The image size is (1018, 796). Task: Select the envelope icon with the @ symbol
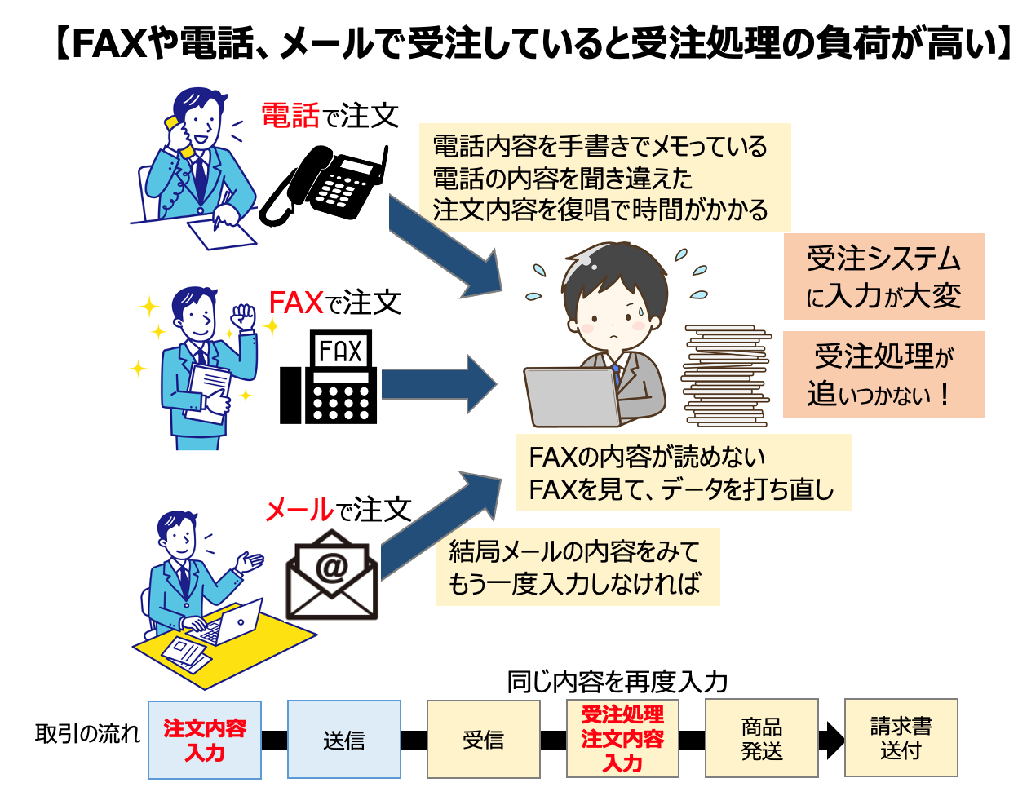point(332,575)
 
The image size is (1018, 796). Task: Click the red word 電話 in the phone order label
point(290,116)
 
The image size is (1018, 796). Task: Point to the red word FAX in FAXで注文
point(296,303)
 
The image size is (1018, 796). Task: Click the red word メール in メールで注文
point(299,511)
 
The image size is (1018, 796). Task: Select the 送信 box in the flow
point(343,740)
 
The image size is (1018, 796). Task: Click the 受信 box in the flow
point(483,740)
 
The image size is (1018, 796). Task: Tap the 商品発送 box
point(761,738)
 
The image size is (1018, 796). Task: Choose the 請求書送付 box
point(901,738)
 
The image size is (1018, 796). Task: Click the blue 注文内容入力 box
point(205,740)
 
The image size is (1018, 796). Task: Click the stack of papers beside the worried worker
point(726,375)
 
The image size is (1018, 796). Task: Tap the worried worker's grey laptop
point(571,398)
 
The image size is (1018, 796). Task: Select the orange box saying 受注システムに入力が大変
point(884,276)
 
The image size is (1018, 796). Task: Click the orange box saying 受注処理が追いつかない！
point(884,374)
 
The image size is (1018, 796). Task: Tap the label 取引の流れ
point(87,733)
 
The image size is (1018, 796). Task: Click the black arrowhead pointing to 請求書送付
point(833,740)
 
